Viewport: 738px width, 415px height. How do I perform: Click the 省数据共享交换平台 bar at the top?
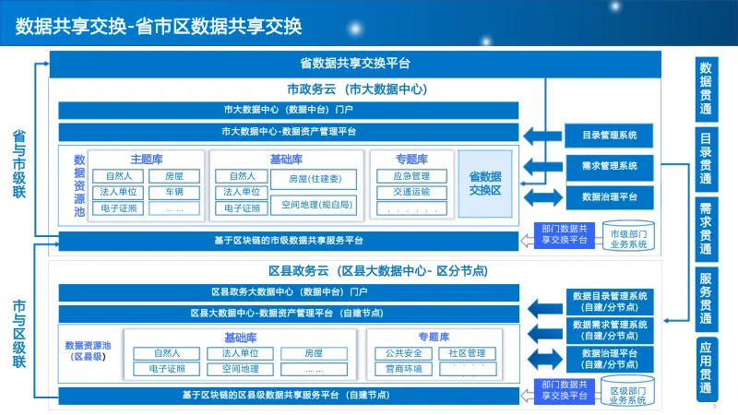click(355, 64)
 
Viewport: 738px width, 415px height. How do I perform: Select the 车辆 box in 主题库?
click(174, 192)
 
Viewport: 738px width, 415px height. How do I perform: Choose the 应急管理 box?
click(411, 176)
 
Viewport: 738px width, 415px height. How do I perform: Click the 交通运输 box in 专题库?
click(411, 192)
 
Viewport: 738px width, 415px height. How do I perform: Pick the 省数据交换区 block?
click(485, 183)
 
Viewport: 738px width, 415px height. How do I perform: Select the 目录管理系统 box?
click(610, 136)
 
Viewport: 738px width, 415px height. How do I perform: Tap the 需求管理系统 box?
click(610, 166)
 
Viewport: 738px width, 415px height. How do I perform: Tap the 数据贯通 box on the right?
click(706, 88)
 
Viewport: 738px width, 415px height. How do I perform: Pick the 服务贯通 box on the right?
click(706, 297)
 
